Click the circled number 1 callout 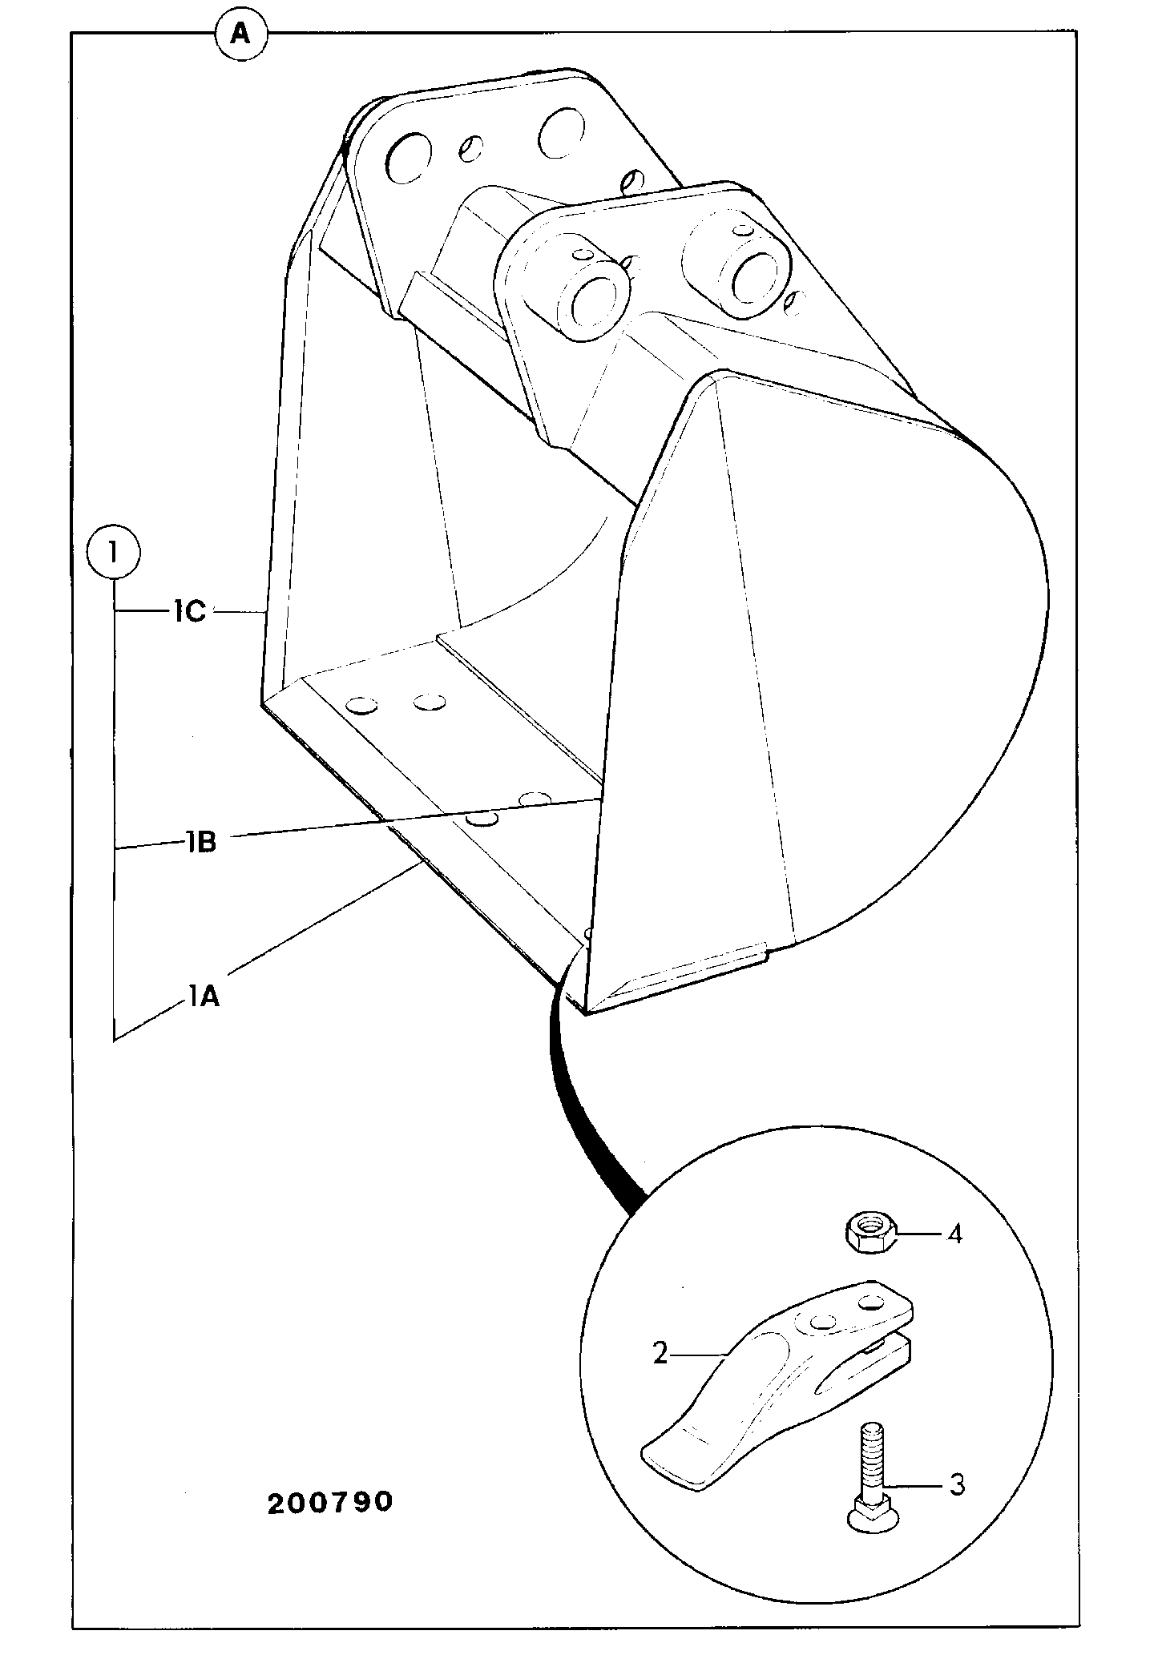[114, 552]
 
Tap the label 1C [188, 612]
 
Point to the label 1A [204, 998]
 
